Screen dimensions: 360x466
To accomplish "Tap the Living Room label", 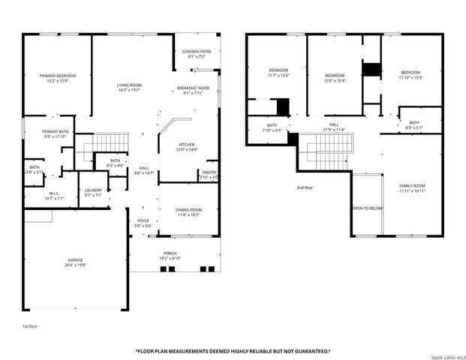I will coord(129,88).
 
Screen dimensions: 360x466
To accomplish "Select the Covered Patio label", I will coord(197,54).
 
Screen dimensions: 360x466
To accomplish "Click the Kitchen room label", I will coord(187,147).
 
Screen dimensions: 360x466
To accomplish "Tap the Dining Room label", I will coord(189,212).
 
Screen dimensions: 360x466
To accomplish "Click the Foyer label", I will coord(143,223).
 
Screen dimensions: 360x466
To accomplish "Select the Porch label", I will coord(171,256).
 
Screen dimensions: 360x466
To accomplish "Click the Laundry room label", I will coord(93,193).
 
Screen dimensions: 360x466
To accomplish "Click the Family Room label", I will coord(412,187).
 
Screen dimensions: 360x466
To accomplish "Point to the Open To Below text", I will coord(368,208).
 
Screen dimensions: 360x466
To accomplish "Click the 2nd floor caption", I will coord(304,187).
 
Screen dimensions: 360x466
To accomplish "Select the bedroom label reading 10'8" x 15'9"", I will coord(335,78).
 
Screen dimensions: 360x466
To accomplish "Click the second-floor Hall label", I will coord(334,127).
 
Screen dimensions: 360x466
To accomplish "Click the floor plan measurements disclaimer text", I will coord(233,351).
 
